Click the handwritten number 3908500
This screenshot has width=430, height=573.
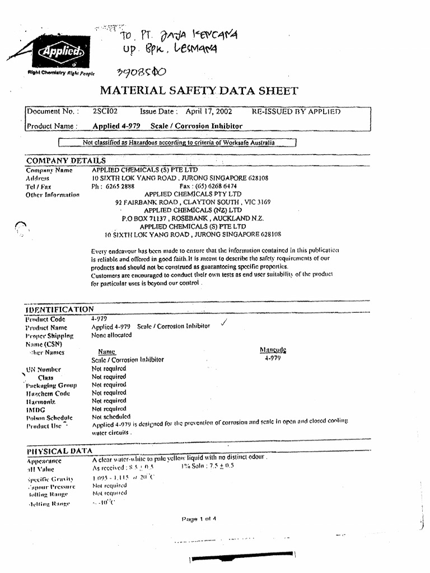coord(141,73)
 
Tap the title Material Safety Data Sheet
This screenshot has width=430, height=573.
coord(199,91)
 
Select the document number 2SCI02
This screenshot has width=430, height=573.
coord(104,111)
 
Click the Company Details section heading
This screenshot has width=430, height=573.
coord(66,161)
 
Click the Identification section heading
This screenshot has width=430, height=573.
coord(60,309)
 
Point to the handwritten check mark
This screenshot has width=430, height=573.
coord(224,323)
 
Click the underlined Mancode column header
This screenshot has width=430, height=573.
coord(273,350)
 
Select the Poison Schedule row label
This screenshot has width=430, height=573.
coord(49,417)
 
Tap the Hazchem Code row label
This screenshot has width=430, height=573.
coord(48,393)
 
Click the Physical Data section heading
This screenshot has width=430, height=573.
coord(59,451)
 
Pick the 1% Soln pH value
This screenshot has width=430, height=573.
coord(208,466)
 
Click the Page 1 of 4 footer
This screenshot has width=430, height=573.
coord(199,519)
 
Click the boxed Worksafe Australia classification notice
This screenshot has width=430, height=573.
coord(178,143)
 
